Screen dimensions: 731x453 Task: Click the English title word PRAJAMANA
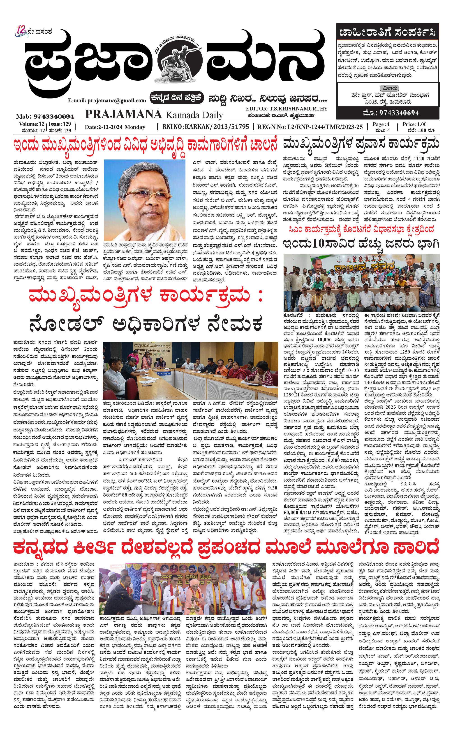point(123,114)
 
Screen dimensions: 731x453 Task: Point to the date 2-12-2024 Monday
point(115,127)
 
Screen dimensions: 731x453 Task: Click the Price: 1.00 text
point(414,124)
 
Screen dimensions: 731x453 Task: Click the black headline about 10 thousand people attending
point(362,244)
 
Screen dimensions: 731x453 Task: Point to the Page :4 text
point(381,124)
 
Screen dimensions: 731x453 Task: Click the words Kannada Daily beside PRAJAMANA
point(194,115)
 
